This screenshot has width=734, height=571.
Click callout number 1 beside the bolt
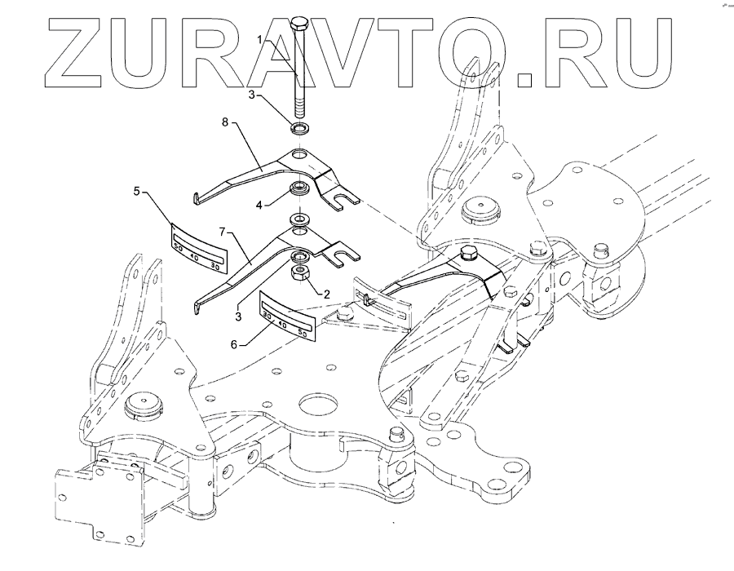coord(260,38)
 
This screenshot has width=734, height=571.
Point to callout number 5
coord(138,193)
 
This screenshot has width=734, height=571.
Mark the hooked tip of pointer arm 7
coord(196,308)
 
